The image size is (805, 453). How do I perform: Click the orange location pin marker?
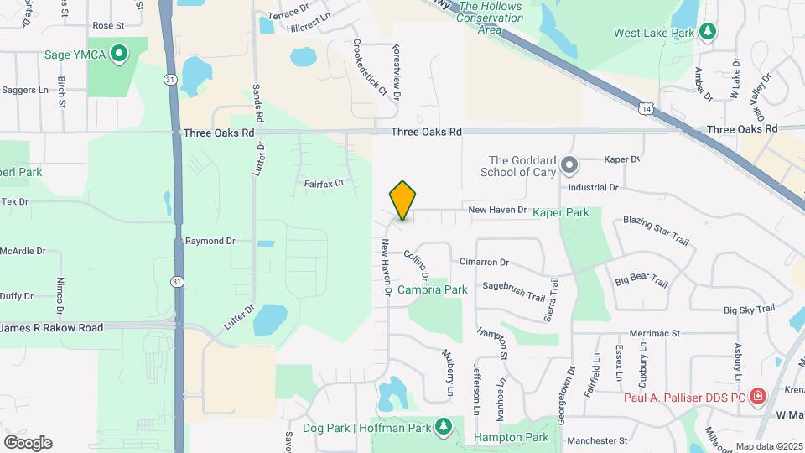coord(402,200)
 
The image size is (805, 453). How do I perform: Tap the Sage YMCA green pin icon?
coord(119,55)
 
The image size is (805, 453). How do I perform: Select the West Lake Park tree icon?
coord(709,32)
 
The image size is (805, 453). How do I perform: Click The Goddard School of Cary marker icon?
coord(569,164)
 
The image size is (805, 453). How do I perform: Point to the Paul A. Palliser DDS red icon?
coord(757,394)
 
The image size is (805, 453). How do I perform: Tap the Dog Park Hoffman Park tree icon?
coord(444,428)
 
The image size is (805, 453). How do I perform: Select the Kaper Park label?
coord(560,213)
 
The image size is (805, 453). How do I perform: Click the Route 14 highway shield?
coord(645,108)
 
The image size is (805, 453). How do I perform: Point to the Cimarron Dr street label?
coord(484,263)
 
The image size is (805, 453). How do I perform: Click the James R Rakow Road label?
coord(51,327)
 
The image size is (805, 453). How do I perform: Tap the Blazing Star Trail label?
coord(656,231)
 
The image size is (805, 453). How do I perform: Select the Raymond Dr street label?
coord(210,241)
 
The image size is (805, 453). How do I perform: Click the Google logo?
coord(28,443)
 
